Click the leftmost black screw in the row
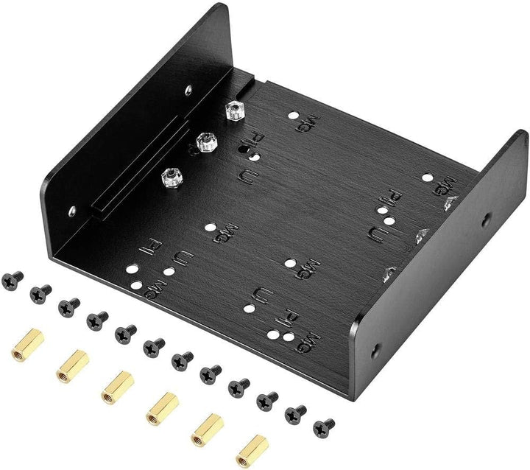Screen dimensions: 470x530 [13, 278]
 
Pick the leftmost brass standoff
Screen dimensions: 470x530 [27, 344]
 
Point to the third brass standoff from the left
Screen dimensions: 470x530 [116, 385]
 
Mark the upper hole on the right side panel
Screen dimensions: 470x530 [487, 220]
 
